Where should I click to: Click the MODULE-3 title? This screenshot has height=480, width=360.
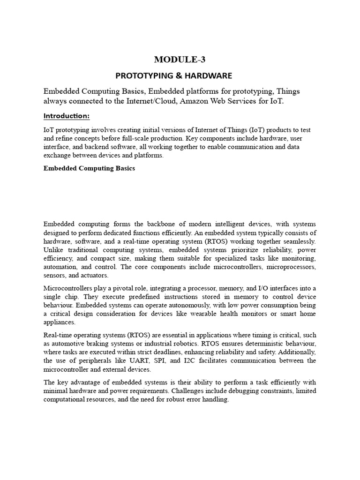coord(180,60)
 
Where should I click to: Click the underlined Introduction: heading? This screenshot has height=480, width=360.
coord(66,115)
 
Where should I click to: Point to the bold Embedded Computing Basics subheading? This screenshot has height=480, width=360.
coord(89,168)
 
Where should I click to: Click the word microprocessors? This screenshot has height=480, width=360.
coord(292,267)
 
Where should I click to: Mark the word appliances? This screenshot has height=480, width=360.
coord(60,322)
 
